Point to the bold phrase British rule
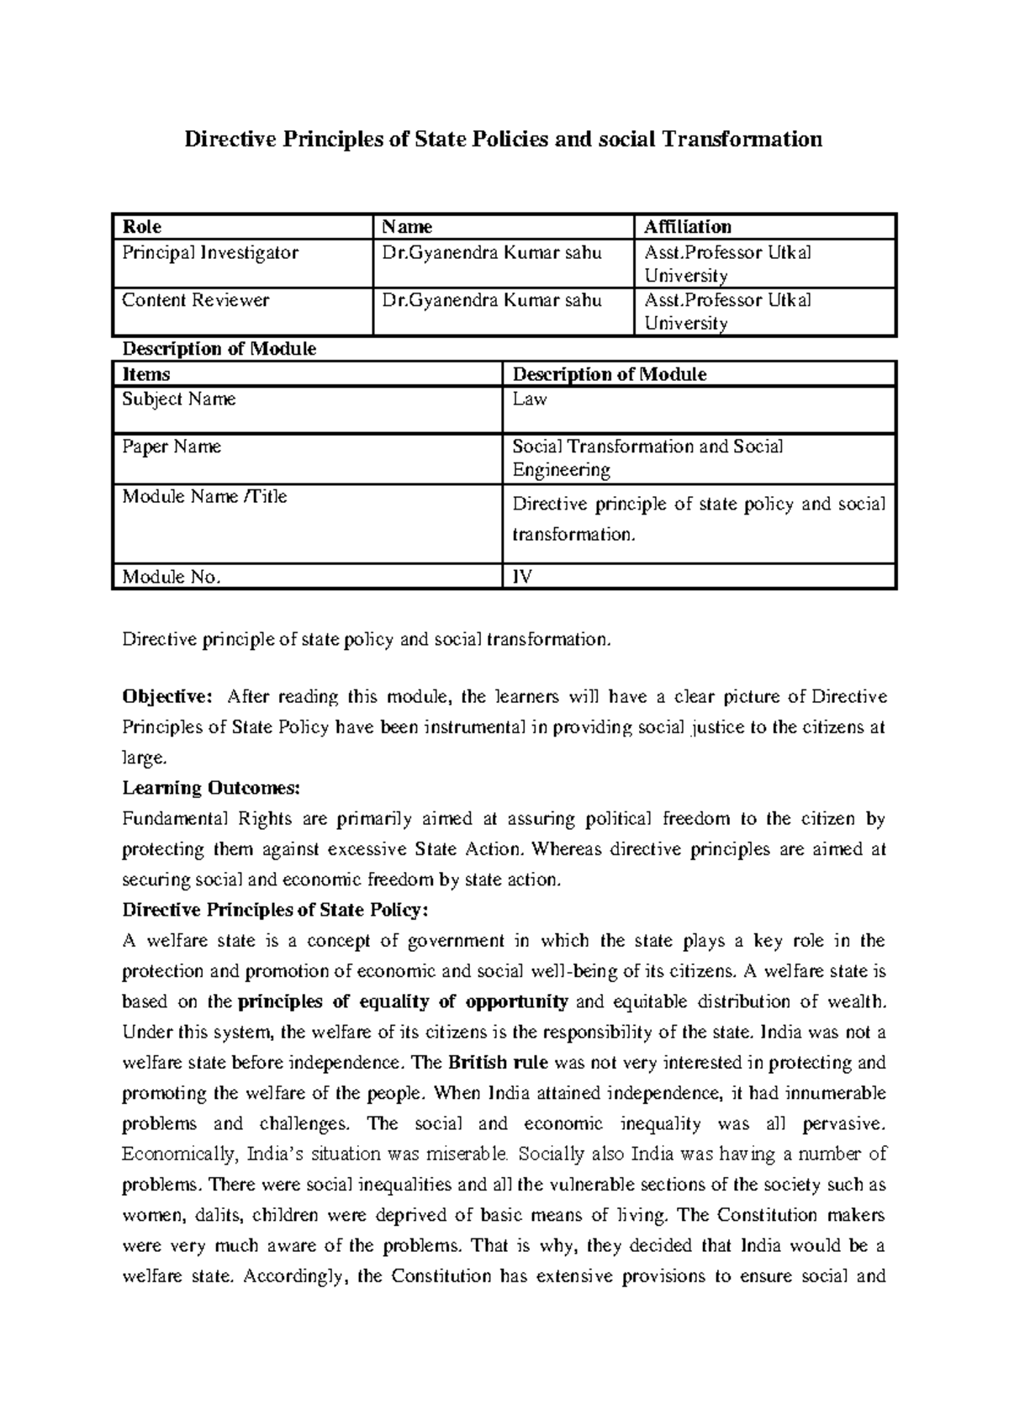498,1062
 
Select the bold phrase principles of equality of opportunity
404,1001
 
